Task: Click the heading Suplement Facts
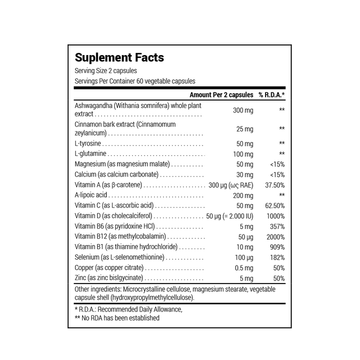tap(119, 57)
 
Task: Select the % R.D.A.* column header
tap(272, 94)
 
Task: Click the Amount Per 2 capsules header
tap(222, 94)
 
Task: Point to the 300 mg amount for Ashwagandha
tap(243, 110)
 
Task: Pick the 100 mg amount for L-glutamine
tap(243, 154)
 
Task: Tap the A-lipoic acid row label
tap(91, 195)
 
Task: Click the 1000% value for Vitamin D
tap(276, 215)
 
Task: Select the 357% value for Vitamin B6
tap(277, 226)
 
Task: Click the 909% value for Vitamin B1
tap(277, 246)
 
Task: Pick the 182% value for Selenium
tap(277, 257)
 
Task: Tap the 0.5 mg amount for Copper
tap(244, 267)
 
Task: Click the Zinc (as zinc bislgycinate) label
tap(109, 278)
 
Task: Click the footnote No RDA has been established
tap(120, 318)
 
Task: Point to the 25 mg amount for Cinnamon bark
tap(245, 129)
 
